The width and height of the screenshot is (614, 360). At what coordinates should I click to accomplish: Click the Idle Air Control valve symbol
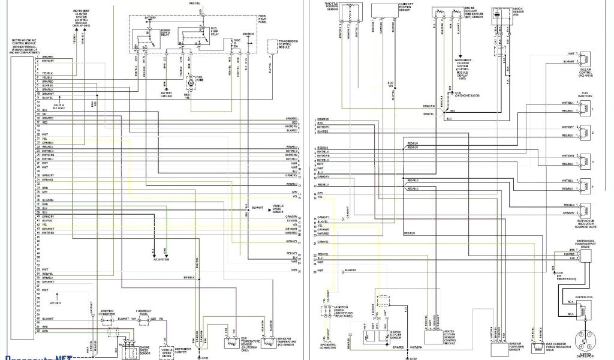(585, 59)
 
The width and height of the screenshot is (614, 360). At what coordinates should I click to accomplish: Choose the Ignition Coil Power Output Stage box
(584, 254)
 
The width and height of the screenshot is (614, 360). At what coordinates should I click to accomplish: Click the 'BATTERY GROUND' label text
(167, 95)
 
